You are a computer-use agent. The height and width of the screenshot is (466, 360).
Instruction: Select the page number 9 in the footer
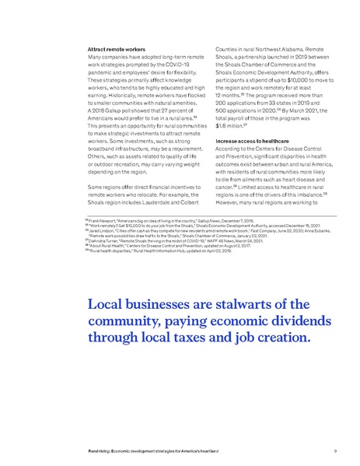click(334, 450)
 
